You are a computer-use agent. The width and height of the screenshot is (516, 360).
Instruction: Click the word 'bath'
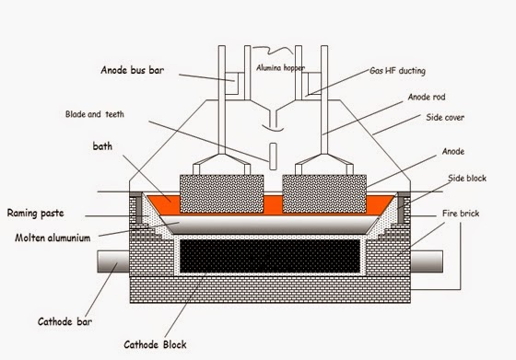tap(104, 145)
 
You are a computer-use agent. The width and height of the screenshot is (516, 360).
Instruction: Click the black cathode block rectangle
tap(266, 257)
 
